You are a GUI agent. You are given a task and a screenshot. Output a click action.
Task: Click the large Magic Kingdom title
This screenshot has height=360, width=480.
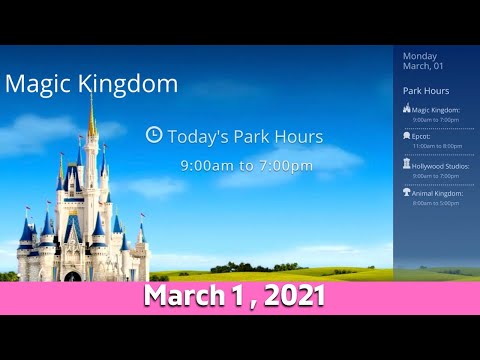point(92,84)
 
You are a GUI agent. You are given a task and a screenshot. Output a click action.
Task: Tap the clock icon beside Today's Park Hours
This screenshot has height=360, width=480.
point(154,134)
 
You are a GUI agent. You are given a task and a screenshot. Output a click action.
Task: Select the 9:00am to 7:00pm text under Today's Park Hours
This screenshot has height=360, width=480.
point(232,164)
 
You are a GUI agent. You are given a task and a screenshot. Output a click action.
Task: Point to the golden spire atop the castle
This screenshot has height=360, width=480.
point(92,115)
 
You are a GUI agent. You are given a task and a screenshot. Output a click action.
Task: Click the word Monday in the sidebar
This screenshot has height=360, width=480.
point(419,56)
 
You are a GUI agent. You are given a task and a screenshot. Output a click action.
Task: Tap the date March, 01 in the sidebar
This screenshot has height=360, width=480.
point(423,67)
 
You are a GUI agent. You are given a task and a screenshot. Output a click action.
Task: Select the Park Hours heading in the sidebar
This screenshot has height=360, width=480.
point(426,91)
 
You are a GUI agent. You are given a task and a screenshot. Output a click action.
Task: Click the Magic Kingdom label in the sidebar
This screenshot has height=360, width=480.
point(436,110)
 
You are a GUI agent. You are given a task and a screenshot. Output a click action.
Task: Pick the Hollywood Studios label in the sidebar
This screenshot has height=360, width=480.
point(440,165)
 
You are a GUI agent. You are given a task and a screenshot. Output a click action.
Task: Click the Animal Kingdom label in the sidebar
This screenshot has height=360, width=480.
point(438,192)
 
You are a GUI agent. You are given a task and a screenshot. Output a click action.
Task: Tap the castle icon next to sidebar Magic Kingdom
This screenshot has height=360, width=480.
point(406,109)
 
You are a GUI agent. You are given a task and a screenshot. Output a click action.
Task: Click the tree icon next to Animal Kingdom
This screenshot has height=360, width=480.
point(406,191)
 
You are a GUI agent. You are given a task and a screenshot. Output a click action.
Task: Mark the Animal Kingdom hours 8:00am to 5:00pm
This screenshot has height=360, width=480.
point(433,202)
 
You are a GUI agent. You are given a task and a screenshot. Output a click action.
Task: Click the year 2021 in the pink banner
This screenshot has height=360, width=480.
point(290,297)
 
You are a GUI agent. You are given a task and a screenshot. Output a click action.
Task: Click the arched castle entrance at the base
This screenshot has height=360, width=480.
point(72,276)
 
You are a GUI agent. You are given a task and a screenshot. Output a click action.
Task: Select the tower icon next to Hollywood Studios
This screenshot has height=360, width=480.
point(406,164)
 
